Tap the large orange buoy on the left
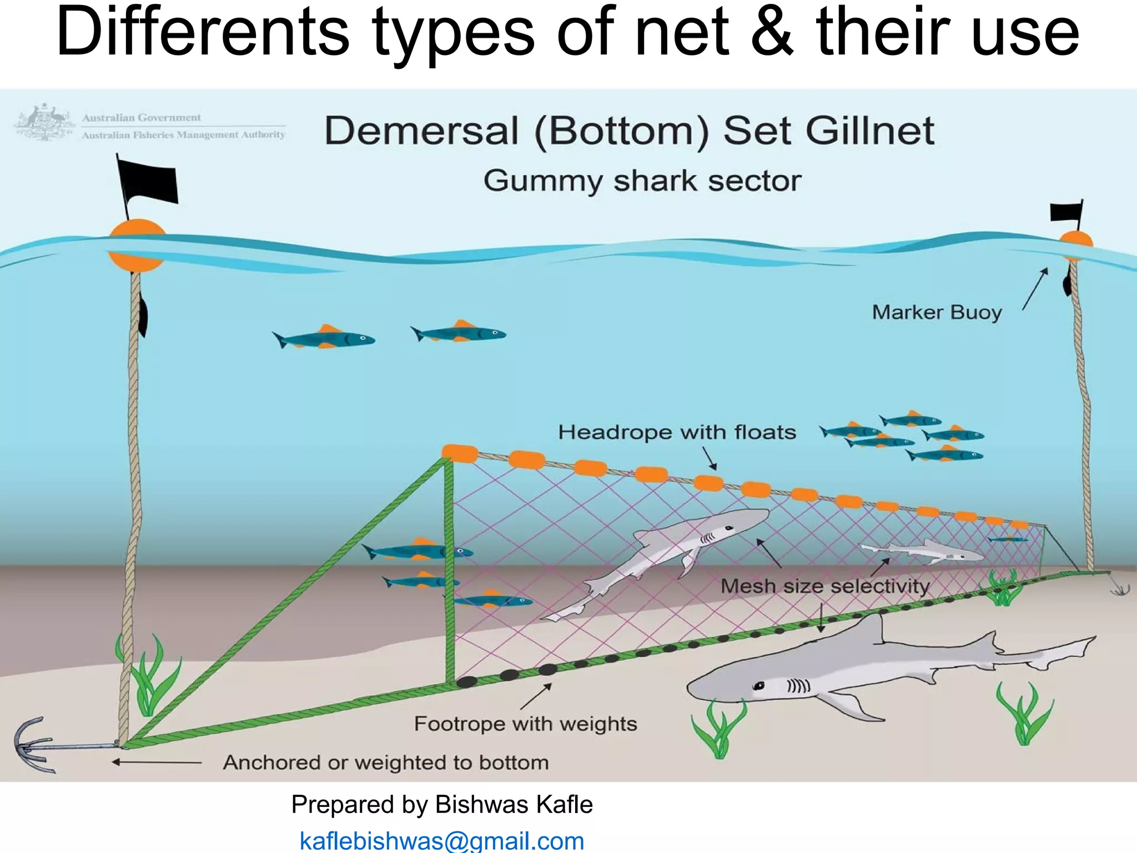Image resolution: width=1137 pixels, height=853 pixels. [x=137, y=245]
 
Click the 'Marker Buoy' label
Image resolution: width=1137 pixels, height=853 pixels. [x=937, y=312]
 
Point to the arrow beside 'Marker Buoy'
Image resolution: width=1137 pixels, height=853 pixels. [x=1035, y=289]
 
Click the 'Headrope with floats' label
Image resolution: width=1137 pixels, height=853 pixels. [x=677, y=432]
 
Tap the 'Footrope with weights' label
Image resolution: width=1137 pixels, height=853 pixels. [x=525, y=724]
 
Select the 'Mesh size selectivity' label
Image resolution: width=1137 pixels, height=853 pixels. [x=825, y=586]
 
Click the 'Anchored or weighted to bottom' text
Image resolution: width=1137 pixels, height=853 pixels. [x=386, y=762]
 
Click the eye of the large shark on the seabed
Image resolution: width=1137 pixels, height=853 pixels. [x=758, y=686]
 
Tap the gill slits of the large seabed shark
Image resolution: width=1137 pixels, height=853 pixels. [x=798, y=686]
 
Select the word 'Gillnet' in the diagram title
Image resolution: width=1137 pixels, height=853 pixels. [x=870, y=131]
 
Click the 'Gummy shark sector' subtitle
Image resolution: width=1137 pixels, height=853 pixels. [x=642, y=180]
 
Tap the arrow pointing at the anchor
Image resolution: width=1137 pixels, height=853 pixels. [x=157, y=762]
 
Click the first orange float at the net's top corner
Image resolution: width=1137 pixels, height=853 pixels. [x=460, y=454]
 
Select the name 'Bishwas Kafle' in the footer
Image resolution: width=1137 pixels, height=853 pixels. [x=514, y=805]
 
